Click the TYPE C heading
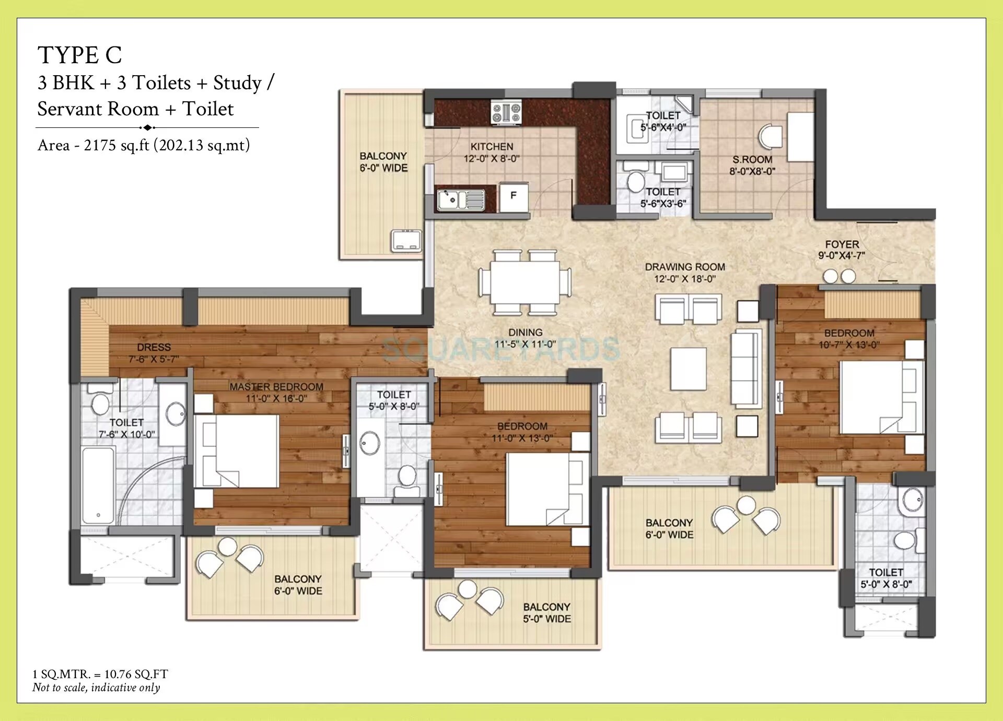[x=79, y=55]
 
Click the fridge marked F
[x=514, y=196]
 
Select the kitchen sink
[x=460, y=199]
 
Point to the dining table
[x=524, y=282]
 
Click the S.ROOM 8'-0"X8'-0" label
[x=752, y=165]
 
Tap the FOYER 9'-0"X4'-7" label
[x=841, y=250]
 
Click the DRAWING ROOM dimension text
[x=684, y=279]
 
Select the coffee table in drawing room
[x=688, y=369]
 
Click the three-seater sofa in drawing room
[x=745, y=368]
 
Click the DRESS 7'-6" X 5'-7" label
[x=154, y=353]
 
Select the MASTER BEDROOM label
[x=276, y=387]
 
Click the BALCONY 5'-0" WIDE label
[x=546, y=613]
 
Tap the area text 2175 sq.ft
[x=144, y=145]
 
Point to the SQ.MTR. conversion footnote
[x=100, y=674]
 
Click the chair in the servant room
[x=771, y=136]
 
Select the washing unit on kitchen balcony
[x=406, y=241]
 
